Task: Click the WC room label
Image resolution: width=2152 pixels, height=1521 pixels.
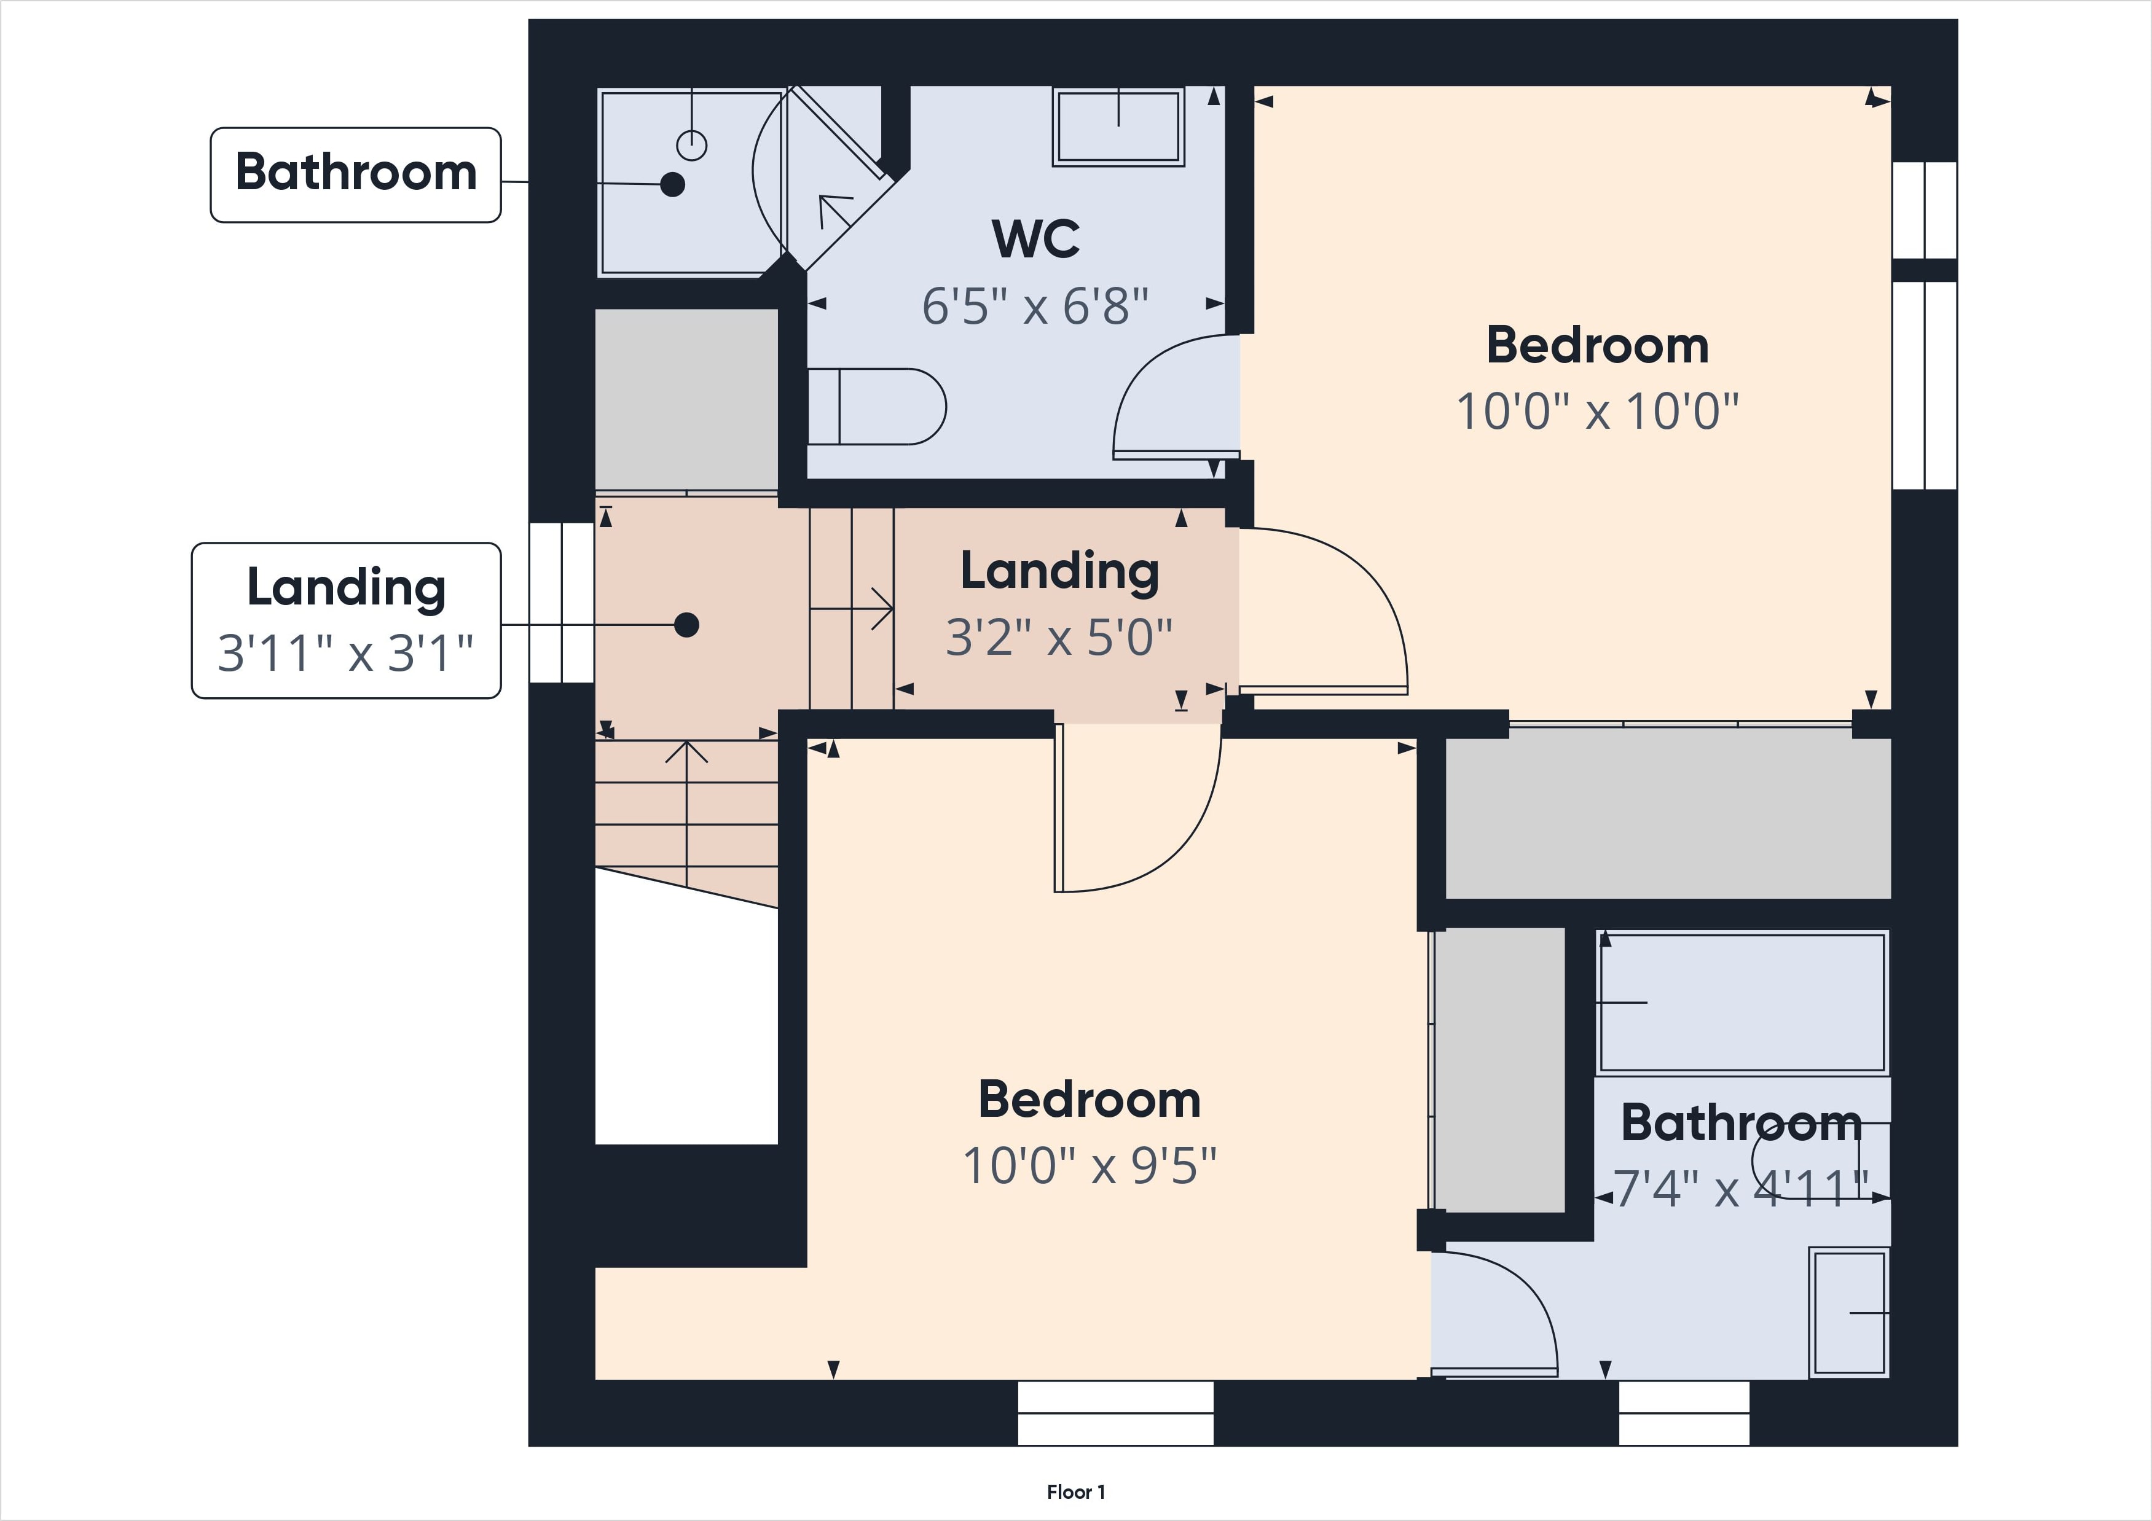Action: [1035, 239]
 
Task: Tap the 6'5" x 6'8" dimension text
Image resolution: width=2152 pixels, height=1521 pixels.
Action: [1035, 305]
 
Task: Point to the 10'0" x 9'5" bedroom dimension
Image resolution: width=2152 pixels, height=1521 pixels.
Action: [1089, 1166]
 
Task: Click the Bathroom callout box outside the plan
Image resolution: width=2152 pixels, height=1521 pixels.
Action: [355, 175]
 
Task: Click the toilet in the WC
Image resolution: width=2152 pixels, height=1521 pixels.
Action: [876, 407]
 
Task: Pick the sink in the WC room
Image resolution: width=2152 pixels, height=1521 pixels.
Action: [1118, 127]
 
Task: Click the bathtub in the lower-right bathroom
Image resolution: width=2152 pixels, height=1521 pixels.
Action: [1742, 1002]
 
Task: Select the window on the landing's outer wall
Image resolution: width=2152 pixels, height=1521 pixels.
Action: [562, 603]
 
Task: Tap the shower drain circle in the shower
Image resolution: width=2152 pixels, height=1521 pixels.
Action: [692, 145]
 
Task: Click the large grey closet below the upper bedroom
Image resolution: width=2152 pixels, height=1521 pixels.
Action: [1667, 813]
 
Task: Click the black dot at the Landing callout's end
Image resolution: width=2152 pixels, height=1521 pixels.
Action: [687, 624]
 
